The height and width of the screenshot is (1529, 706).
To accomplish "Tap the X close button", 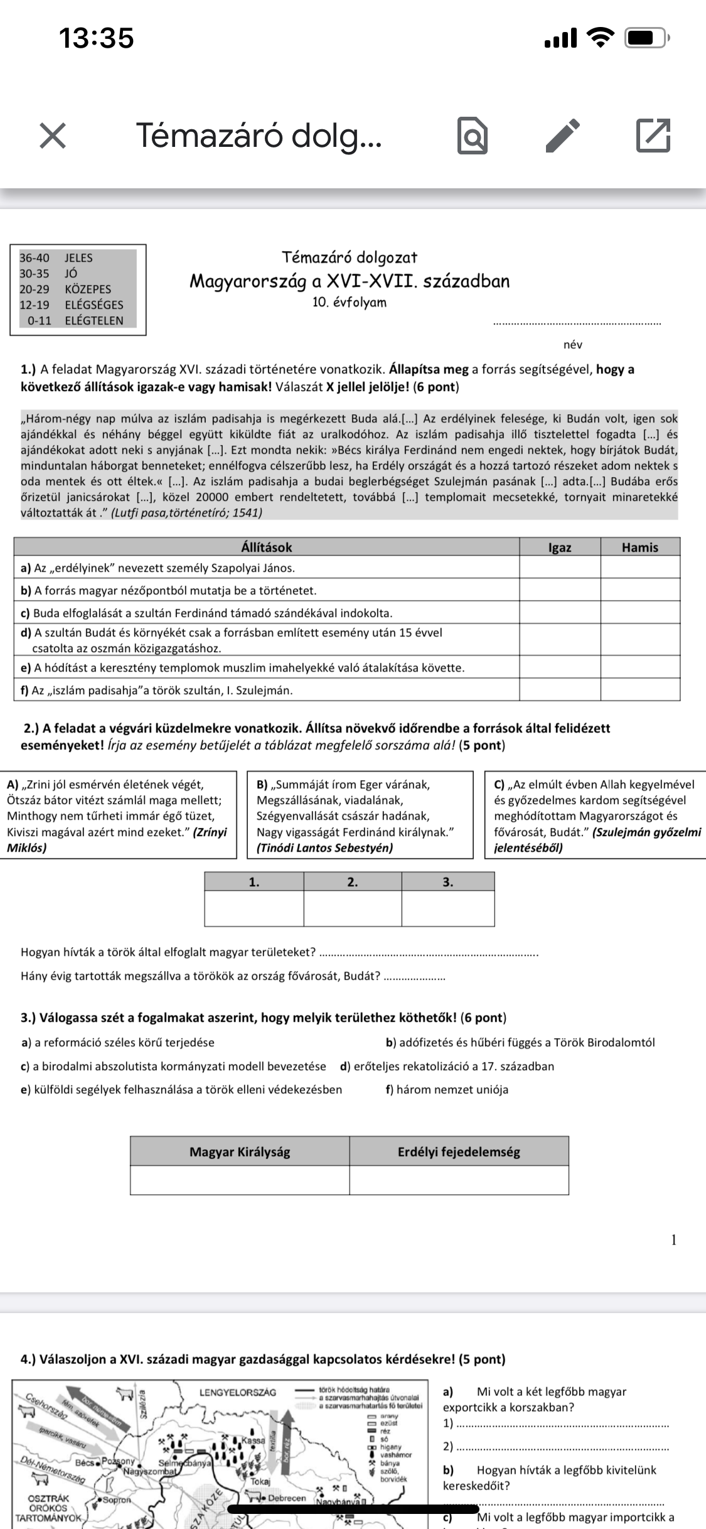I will click(53, 136).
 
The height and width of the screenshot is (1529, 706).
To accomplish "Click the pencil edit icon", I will click(562, 135).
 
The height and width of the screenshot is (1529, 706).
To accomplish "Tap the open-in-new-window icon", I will click(653, 135).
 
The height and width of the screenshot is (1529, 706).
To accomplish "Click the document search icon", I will click(472, 136).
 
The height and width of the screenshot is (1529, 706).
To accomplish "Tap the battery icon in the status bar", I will click(646, 38).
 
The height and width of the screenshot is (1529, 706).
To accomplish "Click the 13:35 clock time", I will click(97, 38).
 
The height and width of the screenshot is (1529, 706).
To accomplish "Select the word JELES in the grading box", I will click(78, 258).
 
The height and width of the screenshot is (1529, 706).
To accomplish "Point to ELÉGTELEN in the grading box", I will click(94, 321).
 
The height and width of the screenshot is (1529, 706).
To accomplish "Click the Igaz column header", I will click(560, 547).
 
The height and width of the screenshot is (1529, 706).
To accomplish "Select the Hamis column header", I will click(639, 547).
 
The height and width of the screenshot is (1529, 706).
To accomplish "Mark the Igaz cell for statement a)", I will click(560, 568).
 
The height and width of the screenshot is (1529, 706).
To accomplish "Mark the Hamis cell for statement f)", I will click(639, 690).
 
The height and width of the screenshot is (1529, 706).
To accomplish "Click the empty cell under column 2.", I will click(353, 908).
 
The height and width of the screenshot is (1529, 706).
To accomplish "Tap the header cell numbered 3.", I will click(447, 882).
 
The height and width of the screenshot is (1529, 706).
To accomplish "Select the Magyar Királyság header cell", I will click(240, 1152).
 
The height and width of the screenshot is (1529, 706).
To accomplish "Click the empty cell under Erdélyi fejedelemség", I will click(459, 1180).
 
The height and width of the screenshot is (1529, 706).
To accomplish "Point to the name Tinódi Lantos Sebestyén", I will click(325, 848).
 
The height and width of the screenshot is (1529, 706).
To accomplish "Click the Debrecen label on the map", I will click(286, 1498).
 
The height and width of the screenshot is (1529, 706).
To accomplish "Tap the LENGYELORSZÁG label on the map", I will click(237, 1392).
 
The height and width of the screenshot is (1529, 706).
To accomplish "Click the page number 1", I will click(674, 1240).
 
